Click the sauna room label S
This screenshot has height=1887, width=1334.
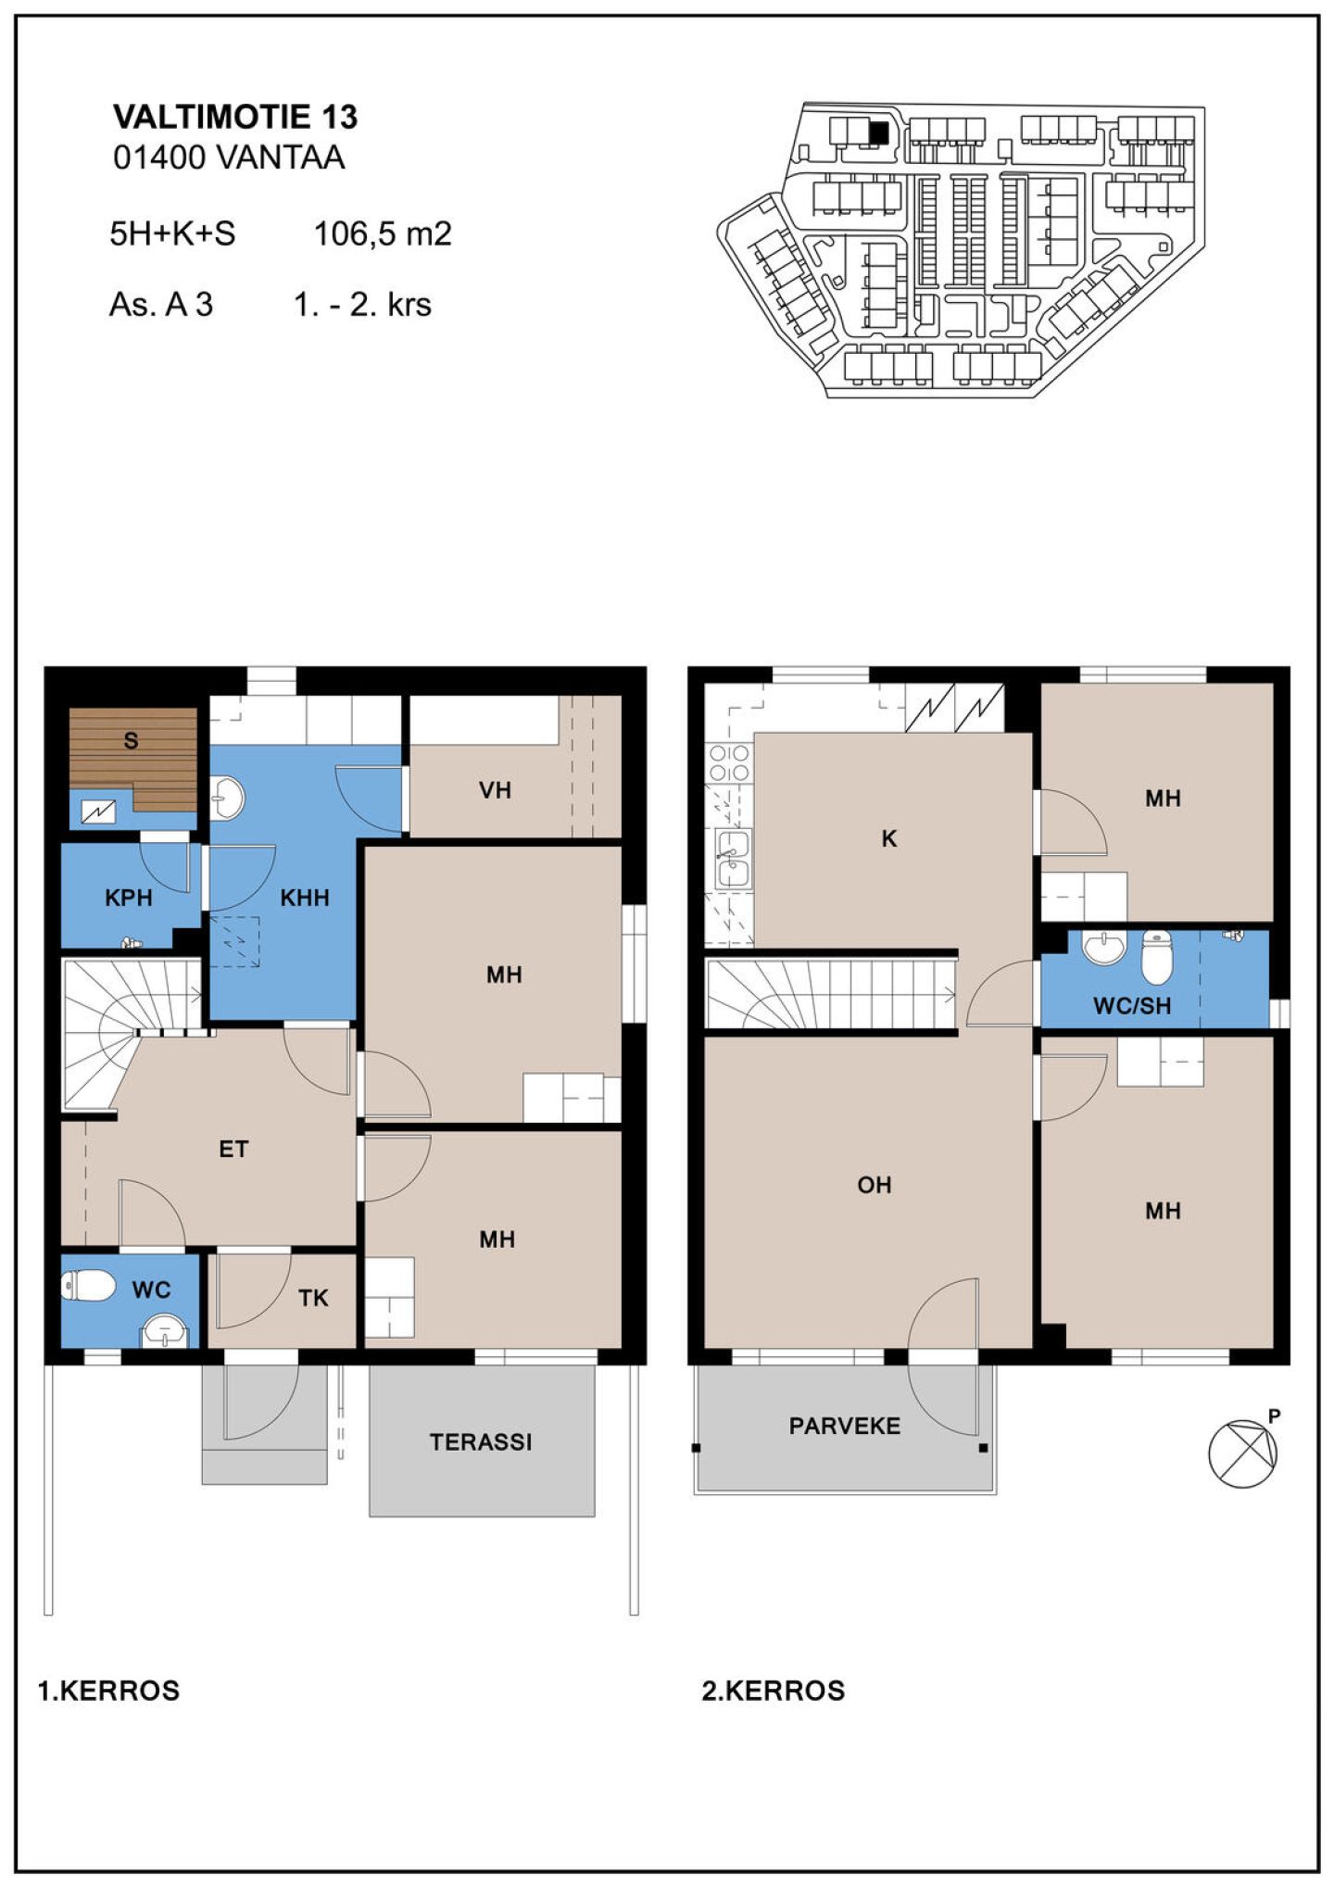[131, 740]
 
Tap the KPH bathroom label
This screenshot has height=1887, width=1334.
[128, 898]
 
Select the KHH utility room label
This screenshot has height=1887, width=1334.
[305, 898]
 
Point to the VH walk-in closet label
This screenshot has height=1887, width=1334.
[495, 790]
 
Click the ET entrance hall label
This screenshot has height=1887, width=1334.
[233, 1150]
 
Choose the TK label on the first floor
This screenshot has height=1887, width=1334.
[313, 1298]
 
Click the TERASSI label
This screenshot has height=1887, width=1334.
[481, 1441]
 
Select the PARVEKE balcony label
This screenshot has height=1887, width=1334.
[845, 1426]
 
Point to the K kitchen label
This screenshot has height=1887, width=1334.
[889, 839]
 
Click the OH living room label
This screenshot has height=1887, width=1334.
[875, 1185]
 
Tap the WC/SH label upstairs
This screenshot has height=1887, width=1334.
[1132, 1006]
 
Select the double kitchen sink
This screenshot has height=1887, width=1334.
[733, 860]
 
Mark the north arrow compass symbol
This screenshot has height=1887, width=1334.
[1243, 1453]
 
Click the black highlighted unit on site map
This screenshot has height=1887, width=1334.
[878, 133]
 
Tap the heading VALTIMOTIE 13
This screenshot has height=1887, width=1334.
[235, 117]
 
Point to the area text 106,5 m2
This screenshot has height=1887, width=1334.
[383, 233]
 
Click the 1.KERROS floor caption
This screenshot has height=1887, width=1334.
[108, 1691]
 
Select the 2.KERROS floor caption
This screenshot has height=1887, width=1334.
[774, 1691]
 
